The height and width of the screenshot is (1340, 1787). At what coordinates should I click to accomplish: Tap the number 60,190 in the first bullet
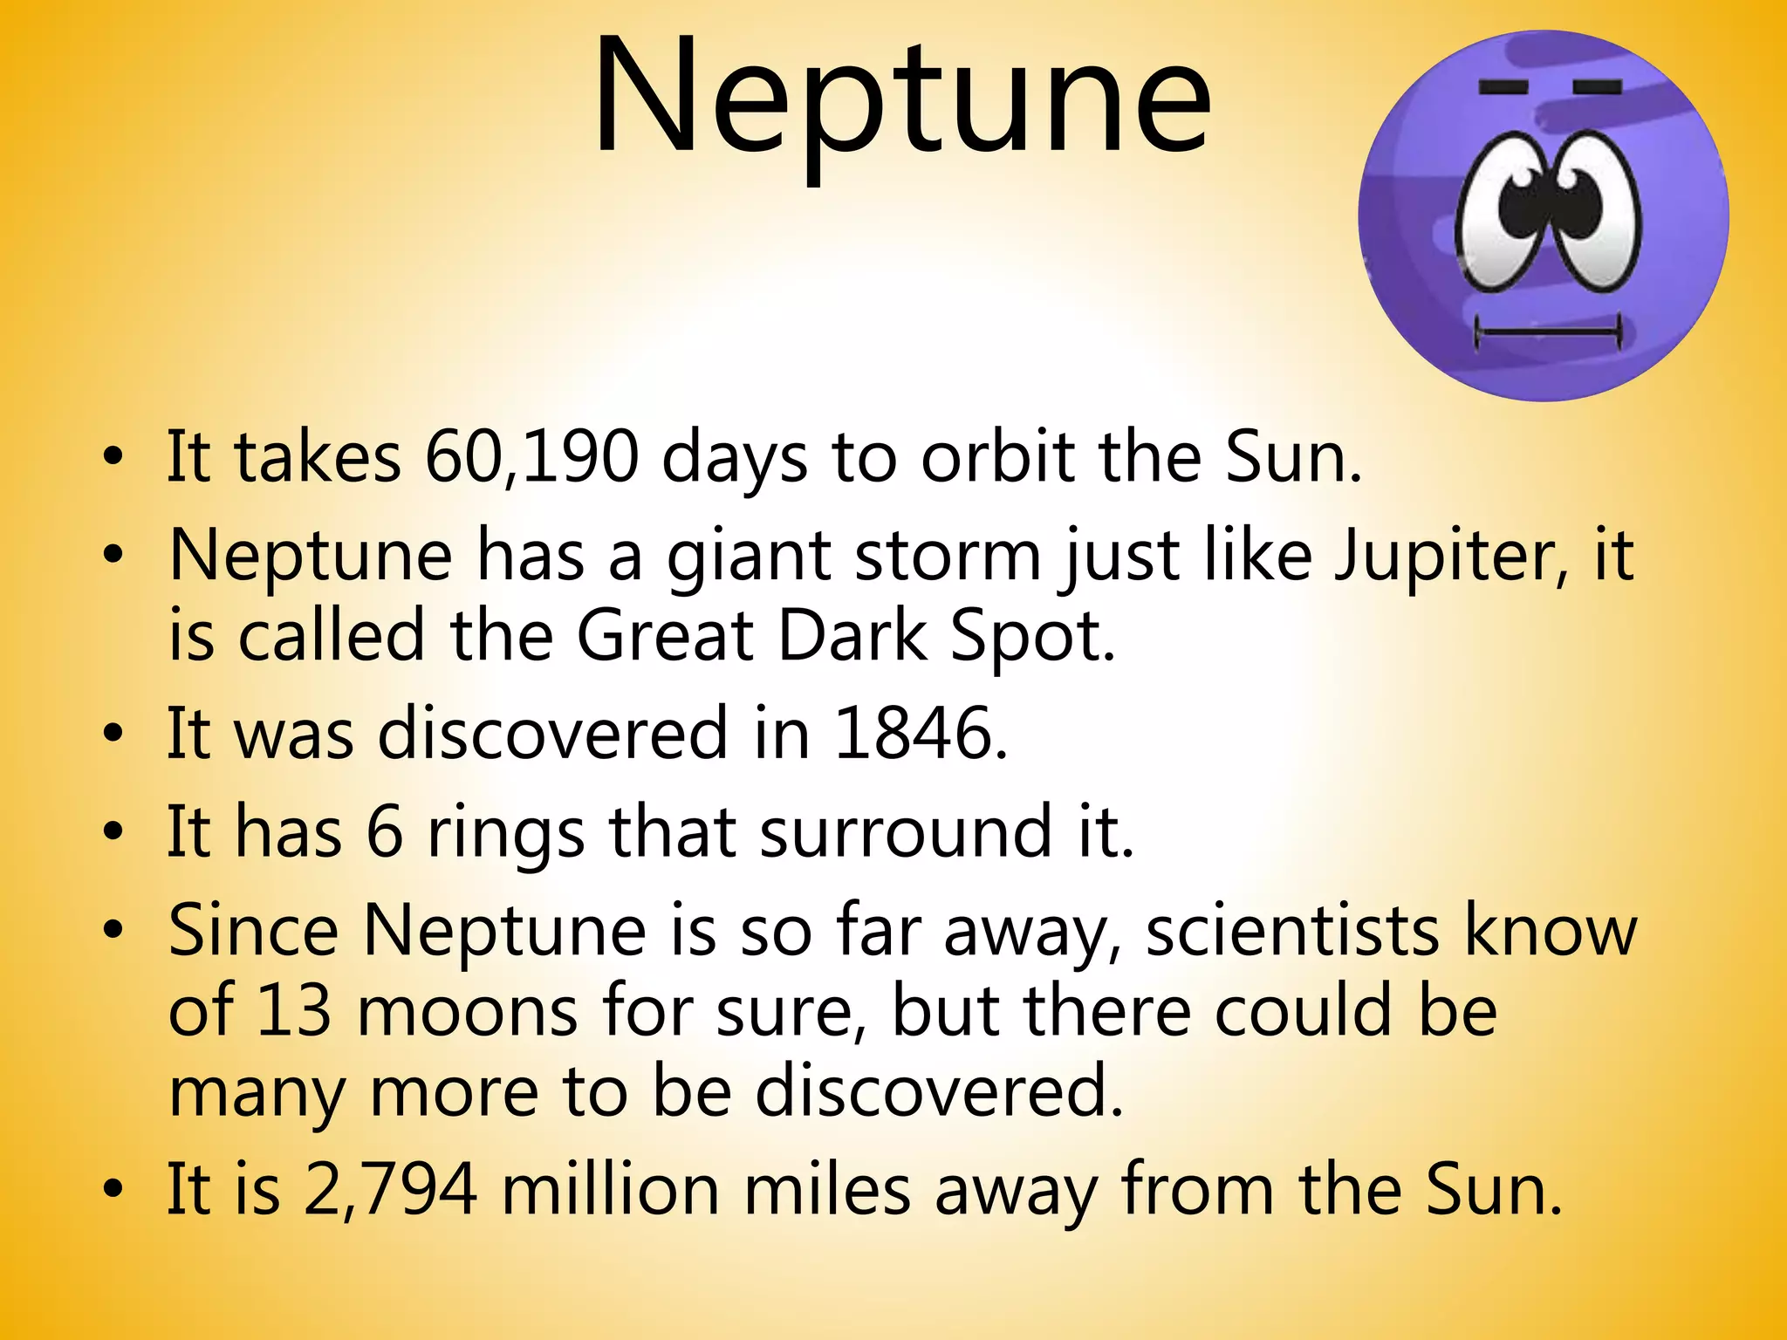click(x=531, y=457)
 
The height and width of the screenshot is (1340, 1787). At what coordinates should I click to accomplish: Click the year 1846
click(x=921, y=734)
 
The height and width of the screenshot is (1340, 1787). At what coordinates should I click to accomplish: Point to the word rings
click(x=505, y=833)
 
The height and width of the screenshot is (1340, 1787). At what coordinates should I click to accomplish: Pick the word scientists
click(x=1292, y=932)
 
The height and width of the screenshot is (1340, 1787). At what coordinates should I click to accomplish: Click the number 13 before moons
click(x=294, y=1012)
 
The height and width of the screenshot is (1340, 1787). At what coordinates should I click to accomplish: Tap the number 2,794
click(x=390, y=1189)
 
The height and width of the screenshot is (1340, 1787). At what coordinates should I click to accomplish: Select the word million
click(x=610, y=1189)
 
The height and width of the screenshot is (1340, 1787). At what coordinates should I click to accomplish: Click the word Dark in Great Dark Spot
click(x=852, y=636)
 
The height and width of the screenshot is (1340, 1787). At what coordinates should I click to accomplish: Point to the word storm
click(x=948, y=556)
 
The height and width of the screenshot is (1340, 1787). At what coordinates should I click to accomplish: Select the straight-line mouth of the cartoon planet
click(x=1547, y=332)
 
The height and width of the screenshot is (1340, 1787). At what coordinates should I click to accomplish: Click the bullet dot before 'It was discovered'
click(x=112, y=735)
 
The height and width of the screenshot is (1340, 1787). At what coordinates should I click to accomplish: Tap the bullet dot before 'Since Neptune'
click(x=112, y=932)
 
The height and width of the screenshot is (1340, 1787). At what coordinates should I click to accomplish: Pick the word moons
click(x=468, y=1012)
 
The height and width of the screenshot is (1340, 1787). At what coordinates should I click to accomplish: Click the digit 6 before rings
click(x=384, y=833)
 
